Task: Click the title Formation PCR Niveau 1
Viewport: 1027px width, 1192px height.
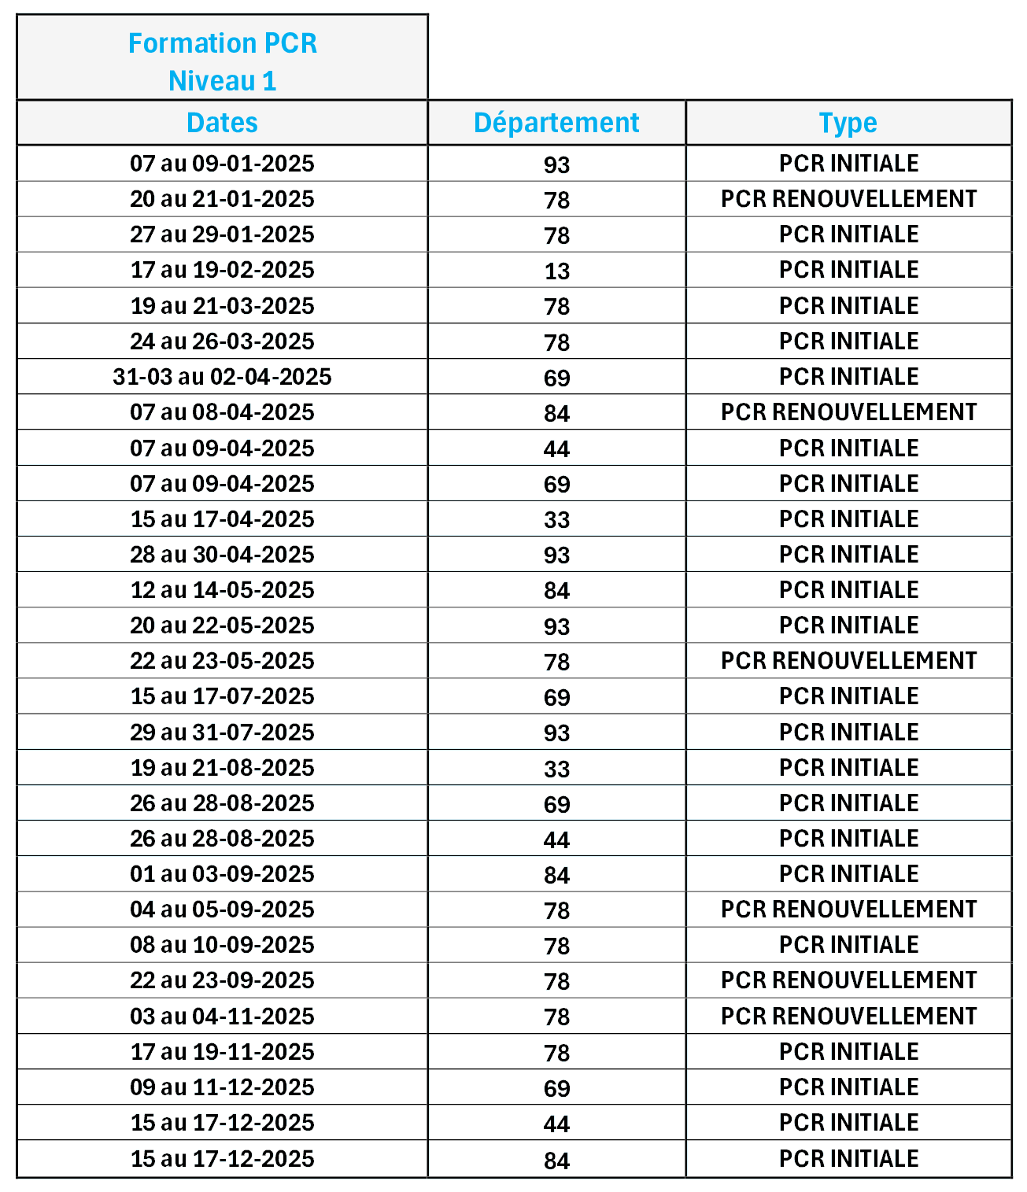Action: [222, 61]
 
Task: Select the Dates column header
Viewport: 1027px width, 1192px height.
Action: [222, 123]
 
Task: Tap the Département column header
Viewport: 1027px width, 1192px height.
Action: [556, 123]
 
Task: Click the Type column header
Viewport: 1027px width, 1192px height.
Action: [848, 123]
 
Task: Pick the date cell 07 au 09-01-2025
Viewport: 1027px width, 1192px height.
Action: [222, 164]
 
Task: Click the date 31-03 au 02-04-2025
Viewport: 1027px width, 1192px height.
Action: [222, 377]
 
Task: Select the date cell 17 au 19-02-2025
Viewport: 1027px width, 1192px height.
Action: [222, 270]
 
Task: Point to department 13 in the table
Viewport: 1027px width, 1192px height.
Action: [556, 271]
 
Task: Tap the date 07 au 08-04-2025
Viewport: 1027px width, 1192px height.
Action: [222, 412]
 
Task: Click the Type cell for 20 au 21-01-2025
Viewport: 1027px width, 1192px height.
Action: [848, 199]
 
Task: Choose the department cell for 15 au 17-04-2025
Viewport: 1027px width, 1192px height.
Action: [556, 519]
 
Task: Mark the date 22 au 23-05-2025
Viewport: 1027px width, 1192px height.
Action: [222, 661]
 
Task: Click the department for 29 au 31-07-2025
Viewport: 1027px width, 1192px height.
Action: [556, 733]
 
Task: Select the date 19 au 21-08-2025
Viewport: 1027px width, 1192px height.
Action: [222, 768]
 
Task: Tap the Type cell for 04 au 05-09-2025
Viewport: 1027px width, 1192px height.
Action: [848, 910]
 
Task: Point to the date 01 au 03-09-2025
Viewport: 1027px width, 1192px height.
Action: [222, 874]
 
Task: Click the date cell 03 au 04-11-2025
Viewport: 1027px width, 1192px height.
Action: [222, 1017]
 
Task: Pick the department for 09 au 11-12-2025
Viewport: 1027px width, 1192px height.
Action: [556, 1088]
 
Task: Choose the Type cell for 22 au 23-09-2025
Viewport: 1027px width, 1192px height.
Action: [848, 980]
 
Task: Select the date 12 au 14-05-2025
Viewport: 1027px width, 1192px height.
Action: [222, 590]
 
